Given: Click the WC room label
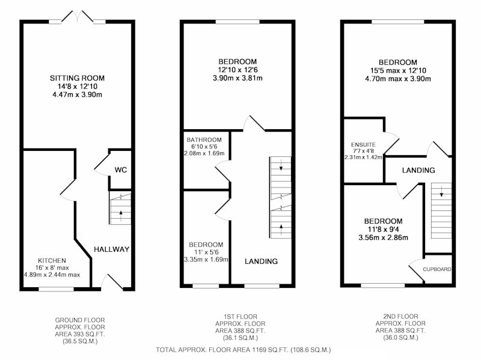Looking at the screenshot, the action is click(121, 170).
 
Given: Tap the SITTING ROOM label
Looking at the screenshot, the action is click(78, 78).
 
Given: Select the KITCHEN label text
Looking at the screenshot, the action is click(52, 261).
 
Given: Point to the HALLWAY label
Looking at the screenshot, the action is click(111, 249).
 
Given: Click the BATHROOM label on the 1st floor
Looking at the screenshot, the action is click(204, 140).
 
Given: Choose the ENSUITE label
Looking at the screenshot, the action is click(363, 144).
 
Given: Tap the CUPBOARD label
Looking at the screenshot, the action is click(437, 269).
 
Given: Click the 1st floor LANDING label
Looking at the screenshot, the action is click(261, 261).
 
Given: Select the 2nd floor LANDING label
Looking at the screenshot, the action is click(418, 170).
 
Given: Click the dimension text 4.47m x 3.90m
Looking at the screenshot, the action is click(78, 95).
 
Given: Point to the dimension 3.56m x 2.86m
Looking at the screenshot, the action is click(383, 237).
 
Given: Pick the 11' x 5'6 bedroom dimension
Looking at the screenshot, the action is click(206, 252).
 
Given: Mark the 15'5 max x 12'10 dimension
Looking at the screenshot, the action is click(398, 70).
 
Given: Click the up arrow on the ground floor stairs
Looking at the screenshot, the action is click(121, 216).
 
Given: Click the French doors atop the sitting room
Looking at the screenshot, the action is click(78, 17).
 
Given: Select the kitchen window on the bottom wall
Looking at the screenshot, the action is click(56, 289).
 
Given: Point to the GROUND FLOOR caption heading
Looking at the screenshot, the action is click(80, 320).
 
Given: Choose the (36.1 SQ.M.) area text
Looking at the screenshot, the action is click(240, 338).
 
